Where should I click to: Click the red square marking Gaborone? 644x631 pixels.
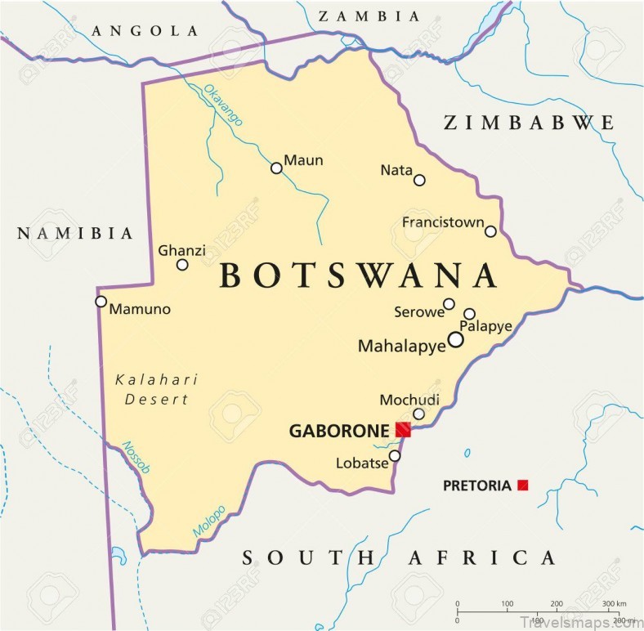[403, 430]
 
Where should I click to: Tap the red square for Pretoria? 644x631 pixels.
[522, 486]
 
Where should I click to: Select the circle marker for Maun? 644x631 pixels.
[276, 168]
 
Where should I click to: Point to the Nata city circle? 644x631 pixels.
[419, 180]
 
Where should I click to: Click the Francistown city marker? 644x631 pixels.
[490, 231]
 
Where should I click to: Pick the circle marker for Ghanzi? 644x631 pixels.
[182, 264]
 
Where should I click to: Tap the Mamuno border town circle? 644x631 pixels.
[101, 301]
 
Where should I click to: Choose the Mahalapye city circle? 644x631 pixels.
[455, 340]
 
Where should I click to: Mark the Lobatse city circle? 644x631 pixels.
[395, 456]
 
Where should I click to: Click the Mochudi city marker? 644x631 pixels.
[418, 414]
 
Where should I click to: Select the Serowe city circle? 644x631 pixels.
[449, 305]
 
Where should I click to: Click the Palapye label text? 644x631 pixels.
[485, 327]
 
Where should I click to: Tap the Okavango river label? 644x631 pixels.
[223, 105]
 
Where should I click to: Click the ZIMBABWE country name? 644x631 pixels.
[528, 123]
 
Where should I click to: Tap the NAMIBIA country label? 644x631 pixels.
[75, 234]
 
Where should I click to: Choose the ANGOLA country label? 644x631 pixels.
[145, 31]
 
